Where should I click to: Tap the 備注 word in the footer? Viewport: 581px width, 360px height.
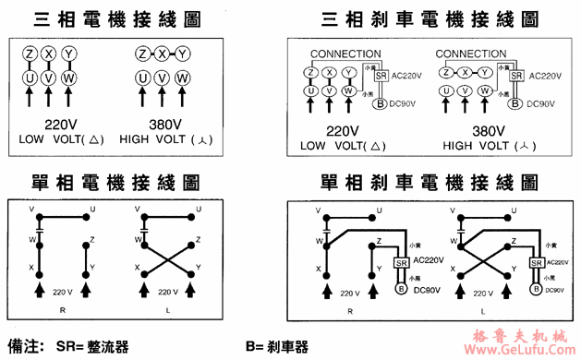point(25,347)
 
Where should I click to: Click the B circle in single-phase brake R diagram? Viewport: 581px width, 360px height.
point(401,288)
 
